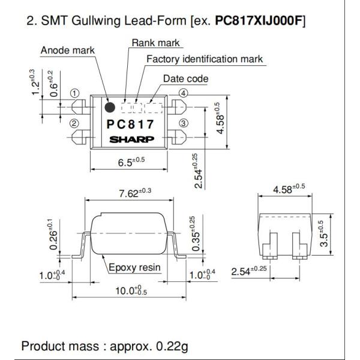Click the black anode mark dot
pyautogui.click(x=110, y=107)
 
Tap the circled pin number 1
pyautogui.click(x=74, y=94)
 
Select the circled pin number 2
pyautogui.click(x=74, y=124)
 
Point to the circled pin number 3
pyautogui.click(x=183, y=123)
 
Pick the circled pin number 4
pyautogui.click(x=183, y=94)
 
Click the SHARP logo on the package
pyautogui.click(x=131, y=139)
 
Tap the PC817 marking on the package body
pyautogui.click(x=130, y=124)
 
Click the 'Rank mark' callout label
pyautogui.click(x=155, y=43)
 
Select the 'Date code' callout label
pyautogui.click(x=186, y=79)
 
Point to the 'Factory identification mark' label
pyautogui.click(x=205, y=59)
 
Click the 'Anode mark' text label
pyautogui.click(x=67, y=50)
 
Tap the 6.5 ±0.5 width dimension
pyautogui.click(x=131, y=162)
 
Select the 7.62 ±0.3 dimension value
pyautogui.click(x=135, y=193)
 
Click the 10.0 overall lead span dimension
pyautogui.click(x=131, y=290)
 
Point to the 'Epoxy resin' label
pyautogui.click(x=134, y=268)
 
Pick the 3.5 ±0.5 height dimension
pyautogui.click(x=324, y=234)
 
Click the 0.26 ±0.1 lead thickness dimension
pyautogui.click(x=53, y=235)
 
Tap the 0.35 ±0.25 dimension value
pyautogui.click(x=196, y=234)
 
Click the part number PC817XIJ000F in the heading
pyautogui.click(x=258, y=20)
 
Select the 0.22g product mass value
pyautogui.click(x=172, y=346)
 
